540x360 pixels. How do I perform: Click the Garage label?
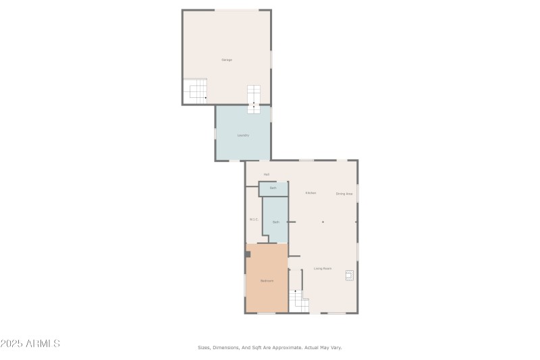227,60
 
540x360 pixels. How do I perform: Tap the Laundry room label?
243,135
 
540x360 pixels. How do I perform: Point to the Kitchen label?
310,193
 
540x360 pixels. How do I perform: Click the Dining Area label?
344,194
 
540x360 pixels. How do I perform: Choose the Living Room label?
323,269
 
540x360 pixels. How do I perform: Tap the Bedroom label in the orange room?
267,281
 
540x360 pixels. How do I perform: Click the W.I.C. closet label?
254,219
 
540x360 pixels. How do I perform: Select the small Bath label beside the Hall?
273,188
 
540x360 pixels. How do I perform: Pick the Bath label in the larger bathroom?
275,222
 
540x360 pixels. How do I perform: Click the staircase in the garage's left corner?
196,90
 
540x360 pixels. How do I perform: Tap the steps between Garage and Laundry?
254,99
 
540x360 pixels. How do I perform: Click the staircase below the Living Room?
298,300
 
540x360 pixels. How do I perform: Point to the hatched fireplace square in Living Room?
350,275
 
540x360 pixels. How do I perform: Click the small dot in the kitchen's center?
323,222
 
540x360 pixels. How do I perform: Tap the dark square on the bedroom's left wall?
248,254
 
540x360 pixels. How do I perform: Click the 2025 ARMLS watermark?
30,344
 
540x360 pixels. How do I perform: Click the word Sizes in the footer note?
204,348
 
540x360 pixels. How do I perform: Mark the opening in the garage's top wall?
236,9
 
